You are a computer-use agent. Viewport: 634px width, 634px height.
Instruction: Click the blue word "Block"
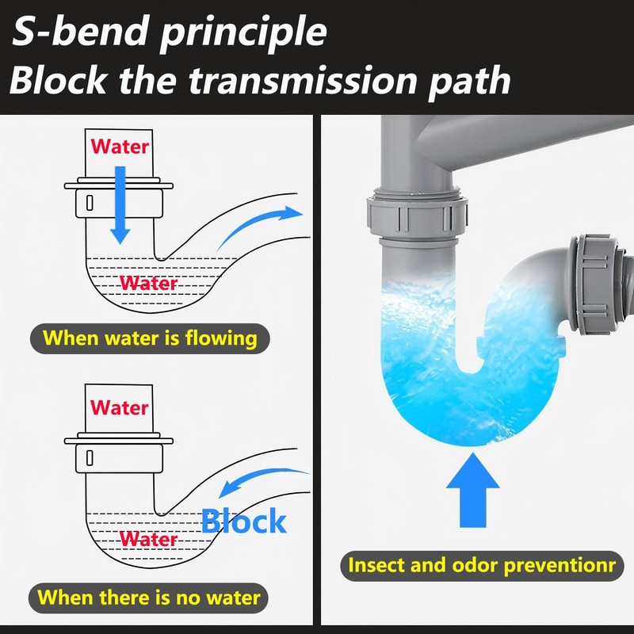(243, 521)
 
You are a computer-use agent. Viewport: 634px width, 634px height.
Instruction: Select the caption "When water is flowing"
(151, 338)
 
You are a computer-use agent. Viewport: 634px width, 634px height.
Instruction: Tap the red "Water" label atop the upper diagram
(120, 147)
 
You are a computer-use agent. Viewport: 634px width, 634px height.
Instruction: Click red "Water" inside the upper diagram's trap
(149, 282)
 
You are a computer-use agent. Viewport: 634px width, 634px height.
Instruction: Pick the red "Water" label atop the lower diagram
(120, 407)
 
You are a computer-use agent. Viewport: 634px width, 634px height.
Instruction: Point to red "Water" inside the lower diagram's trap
(149, 540)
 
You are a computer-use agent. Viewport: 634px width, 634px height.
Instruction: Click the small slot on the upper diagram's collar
(89, 202)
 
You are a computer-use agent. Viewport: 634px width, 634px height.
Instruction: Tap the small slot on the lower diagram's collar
(89, 459)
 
